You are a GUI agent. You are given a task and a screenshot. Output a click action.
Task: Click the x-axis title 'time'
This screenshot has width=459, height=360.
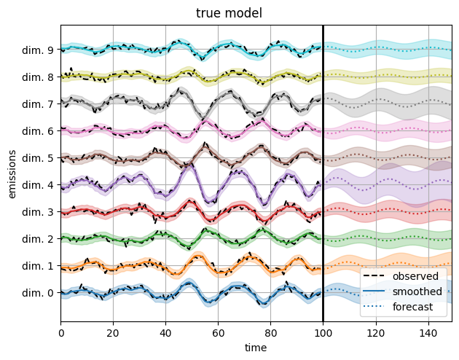tap(256, 348)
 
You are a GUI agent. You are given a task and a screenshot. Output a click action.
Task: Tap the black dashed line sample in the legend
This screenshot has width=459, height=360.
tap(374, 277)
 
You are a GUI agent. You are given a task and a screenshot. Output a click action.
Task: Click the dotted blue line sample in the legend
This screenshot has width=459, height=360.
tap(374, 308)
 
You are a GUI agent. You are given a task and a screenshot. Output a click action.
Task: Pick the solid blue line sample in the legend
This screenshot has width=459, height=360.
tap(374, 292)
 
